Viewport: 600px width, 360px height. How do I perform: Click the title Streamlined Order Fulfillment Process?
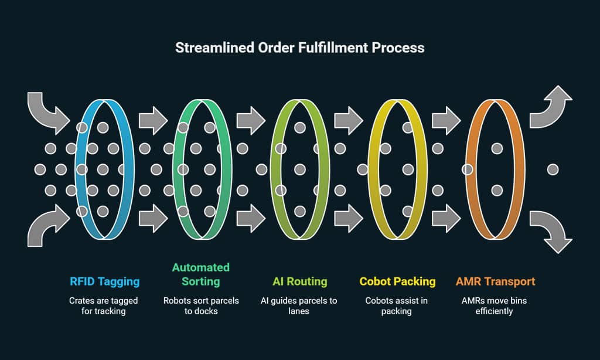coord(299,47)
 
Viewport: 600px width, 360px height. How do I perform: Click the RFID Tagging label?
coord(105,282)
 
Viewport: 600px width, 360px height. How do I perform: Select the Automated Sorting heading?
coord(201,274)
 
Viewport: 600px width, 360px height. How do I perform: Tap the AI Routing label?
coord(300,282)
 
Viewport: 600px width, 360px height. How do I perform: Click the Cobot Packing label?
coord(398,282)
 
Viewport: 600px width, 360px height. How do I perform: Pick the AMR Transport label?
coord(496,282)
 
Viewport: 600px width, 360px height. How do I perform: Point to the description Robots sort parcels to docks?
coord(201,306)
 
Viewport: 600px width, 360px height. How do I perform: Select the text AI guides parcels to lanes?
coord(300,306)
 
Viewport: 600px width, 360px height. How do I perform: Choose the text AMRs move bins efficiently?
coord(496,306)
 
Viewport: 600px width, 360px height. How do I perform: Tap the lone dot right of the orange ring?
coord(552,170)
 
